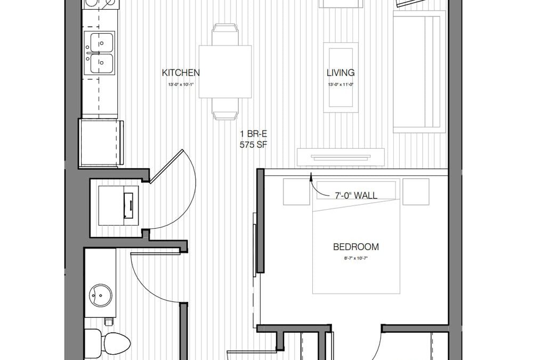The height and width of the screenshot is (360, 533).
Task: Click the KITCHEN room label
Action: point(181,73)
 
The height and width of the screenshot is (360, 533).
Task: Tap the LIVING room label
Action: point(341,73)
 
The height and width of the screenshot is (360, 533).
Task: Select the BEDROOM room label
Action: point(356,247)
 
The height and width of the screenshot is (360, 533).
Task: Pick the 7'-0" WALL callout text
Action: point(356,196)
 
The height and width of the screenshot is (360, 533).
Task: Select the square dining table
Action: point(225,71)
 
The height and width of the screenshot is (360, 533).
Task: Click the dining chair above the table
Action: point(225,35)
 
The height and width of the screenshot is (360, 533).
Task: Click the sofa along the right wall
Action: point(419,71)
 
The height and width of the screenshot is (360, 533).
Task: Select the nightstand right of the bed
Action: point(416,192)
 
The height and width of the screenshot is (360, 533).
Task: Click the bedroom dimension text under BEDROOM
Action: point(356,258)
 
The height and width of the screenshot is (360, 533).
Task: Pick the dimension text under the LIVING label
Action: point(341,84)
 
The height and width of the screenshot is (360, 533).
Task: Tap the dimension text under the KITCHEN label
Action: point(181,84)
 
